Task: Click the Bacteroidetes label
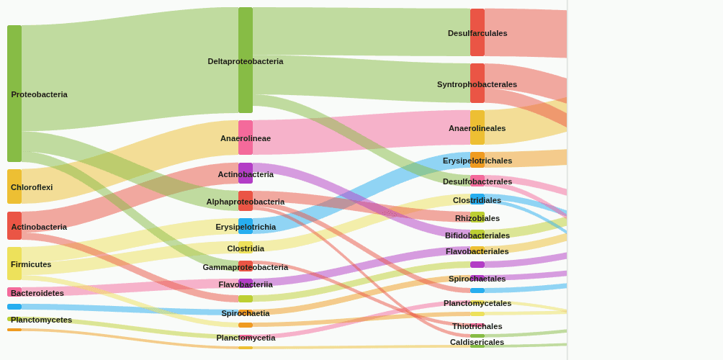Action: (37, 293)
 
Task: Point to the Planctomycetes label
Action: (41, 320)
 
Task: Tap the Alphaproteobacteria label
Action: (246, 202)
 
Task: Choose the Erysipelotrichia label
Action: (246, 227)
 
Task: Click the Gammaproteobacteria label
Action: (246, 267)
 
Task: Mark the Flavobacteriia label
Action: (246, 284)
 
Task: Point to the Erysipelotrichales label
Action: (477, 161)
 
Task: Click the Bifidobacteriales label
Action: (477, 235)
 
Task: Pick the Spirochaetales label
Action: (477, 279)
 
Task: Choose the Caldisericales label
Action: (477, 342)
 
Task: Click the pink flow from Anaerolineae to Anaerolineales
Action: (360, 133)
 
